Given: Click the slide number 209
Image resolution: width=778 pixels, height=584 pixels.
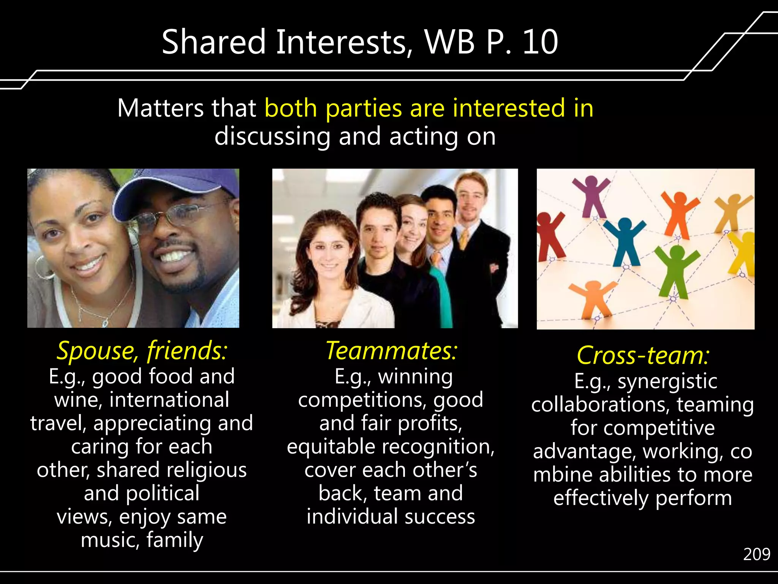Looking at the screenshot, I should [x=756, y=554].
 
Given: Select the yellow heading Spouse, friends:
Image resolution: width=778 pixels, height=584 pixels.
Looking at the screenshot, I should [x=142, y=350].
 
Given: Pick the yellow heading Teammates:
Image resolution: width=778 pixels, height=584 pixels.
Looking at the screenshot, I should [x=392, y=350].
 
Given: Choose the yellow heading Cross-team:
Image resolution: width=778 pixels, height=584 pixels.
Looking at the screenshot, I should [x=643, y=355].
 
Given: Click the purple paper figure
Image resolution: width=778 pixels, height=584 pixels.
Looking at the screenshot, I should [x=591, y=196].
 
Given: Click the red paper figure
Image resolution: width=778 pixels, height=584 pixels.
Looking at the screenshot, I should [x=549, y=236].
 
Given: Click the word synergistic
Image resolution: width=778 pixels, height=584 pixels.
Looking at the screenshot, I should [x=667, y=381].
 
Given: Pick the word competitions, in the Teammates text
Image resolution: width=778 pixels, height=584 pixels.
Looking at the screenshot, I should [x=363, y=400].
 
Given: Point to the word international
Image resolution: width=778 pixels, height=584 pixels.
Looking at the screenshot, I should [x=169, y=400].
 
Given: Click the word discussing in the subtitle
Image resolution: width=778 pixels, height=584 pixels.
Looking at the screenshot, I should [x=272, y=136].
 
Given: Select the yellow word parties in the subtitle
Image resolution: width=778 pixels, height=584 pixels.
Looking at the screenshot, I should [x=364, y=108].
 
